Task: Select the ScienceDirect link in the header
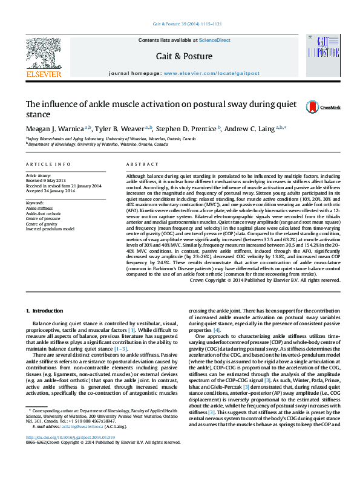(x=215, y=40)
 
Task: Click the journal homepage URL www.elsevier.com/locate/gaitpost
(x=211, y=73)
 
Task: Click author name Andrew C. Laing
(x=252, y=129)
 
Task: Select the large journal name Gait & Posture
(x=185, y=56)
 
